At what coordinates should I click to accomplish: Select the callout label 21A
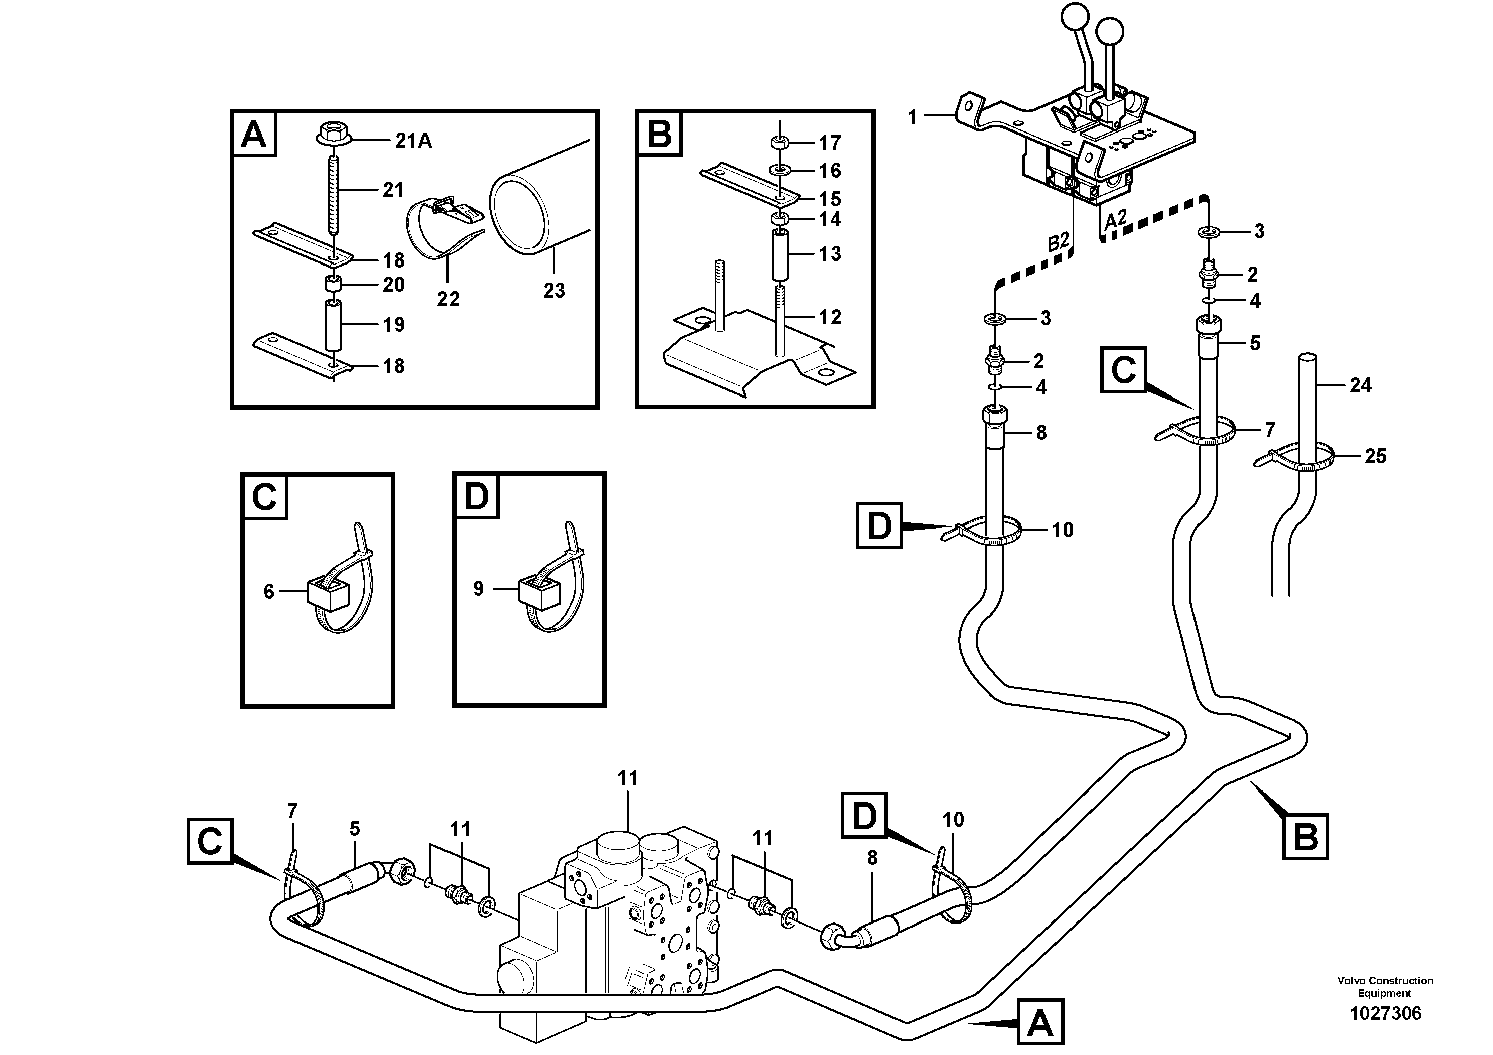point(413,141)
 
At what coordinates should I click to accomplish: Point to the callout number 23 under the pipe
point(554,290)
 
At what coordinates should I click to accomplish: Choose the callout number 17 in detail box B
point(830,143)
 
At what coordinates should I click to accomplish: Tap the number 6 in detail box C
point(268,591)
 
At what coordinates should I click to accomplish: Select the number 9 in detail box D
point(478,589)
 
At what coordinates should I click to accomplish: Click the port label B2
point(1058,242)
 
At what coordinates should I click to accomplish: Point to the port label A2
point(1115,220)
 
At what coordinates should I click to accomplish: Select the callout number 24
point(1361,385)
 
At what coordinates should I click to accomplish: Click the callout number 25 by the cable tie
point(1375,456)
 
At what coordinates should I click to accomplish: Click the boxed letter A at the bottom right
point(1040,1025)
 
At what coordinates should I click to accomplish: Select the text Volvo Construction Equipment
point(1385,987)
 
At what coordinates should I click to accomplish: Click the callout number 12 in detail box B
point(830,317)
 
